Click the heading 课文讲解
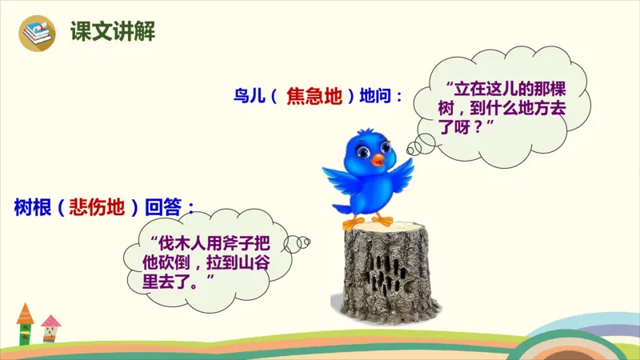click(x=112, y=32)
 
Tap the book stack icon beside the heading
click(x=36, y=32)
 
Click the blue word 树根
click(x=30, y=207)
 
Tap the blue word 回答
click(x=164, y=207)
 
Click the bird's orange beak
click(x=377, y=160)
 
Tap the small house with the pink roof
click(x=51, y=327)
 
